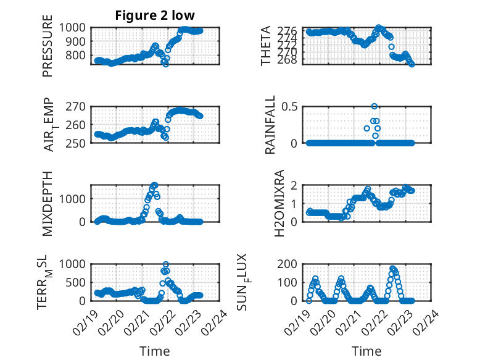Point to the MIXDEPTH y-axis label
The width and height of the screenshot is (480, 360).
[48, 203]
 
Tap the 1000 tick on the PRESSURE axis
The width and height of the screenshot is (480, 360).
[77, 27]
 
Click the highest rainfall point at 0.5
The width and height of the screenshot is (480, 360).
[374, 106]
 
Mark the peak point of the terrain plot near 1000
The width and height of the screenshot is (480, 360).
[165, 264]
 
